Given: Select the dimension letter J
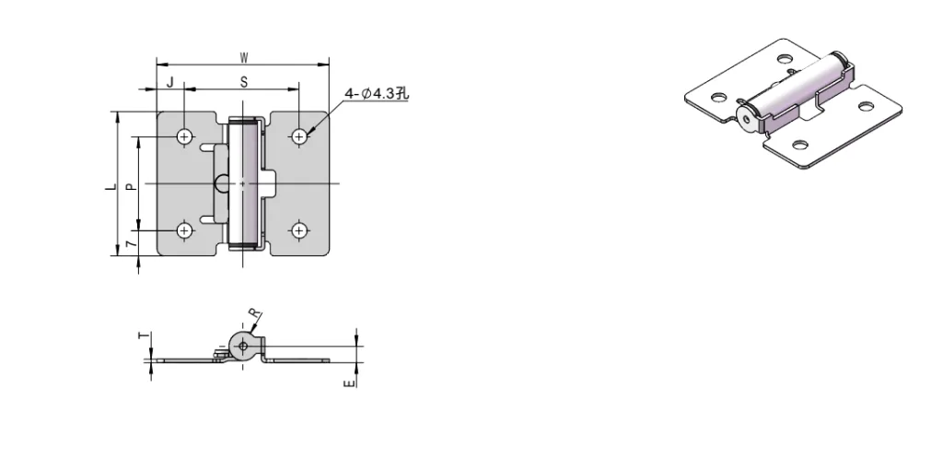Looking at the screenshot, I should pos(169,81).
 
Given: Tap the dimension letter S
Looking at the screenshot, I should pos(244,81).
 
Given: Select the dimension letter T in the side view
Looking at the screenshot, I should pos(143,338).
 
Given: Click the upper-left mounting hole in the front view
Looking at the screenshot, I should pos(185,136).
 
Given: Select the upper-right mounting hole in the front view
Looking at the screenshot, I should pos(299,136).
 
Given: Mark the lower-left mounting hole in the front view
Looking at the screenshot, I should pos(185,230).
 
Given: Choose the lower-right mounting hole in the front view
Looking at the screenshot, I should pos(299,230).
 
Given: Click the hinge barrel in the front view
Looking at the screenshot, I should pos(243,184).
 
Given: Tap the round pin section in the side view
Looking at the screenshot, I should pos(242,347).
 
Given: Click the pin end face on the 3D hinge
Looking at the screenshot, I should pos(745,116).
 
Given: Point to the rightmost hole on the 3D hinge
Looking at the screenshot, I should pos(866,104).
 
